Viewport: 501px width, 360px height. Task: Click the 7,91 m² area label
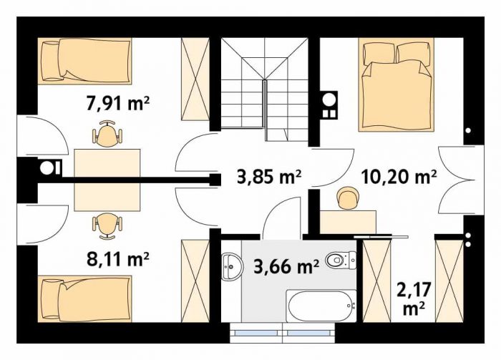click(x=118, y=103)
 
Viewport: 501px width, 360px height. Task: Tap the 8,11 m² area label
click(x=118, y=259)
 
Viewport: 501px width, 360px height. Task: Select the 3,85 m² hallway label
click(x=269, y=177)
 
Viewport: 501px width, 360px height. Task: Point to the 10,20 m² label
click(x=399, y=177)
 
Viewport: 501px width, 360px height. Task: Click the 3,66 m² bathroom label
click(x=286, y=267)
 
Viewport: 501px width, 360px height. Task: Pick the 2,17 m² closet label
click(x=414, y=298)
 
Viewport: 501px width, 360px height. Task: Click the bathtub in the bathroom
click(x=321, y=306)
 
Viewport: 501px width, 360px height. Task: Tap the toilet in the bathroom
click(x=341, y=261)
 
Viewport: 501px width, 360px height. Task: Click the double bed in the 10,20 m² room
click(x=397, y=84)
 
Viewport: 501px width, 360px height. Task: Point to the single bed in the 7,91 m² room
click(x=84, y=62)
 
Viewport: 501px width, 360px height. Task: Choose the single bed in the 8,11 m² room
click(x=84, y=298)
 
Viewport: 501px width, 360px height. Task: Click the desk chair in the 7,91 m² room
click(x=107, y=134)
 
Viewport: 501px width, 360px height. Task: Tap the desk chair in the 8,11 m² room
click(x=107, y=226)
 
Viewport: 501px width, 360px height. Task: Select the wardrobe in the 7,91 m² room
click(x=195, y=79)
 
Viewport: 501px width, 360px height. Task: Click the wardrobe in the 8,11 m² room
click(x=195, y=281)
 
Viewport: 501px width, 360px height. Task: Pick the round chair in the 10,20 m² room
click(x=348, y=198)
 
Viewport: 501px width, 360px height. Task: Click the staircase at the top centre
click(x=265, y=89)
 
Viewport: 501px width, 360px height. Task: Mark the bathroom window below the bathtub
click(x=282, y=333)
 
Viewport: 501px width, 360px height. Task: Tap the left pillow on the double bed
click(x=379, y=54)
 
